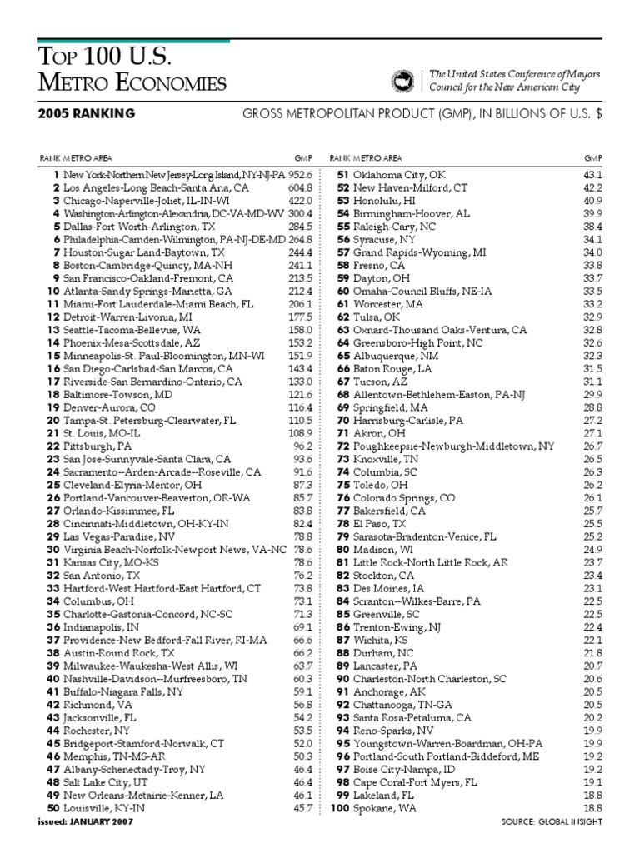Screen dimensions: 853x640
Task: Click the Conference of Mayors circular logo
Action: coord(403,80)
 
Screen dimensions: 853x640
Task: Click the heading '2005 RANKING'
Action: coord(87,114)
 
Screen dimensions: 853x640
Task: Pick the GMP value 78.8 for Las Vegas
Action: coord(302,536)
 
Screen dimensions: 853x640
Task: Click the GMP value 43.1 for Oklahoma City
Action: coord(592,176)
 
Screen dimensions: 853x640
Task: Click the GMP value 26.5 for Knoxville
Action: coord(592,459)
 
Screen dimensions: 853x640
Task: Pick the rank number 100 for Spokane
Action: coord(339,808)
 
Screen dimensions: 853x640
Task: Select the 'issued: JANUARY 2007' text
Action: coord(85,821)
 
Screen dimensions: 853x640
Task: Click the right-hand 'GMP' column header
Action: coord(593,157)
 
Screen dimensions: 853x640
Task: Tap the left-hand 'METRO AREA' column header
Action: coord(90,157)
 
